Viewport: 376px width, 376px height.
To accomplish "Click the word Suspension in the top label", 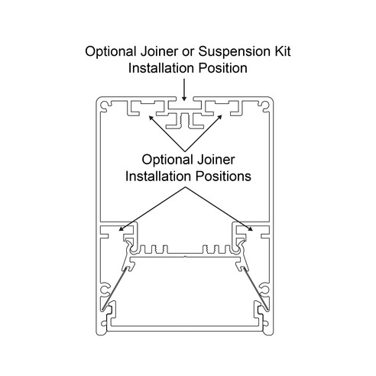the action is (233, 51).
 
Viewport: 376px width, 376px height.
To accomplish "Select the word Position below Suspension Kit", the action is (222, 68).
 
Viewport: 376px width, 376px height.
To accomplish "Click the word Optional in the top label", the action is (111, 51).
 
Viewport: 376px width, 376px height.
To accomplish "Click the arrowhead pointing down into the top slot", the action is (184, 98).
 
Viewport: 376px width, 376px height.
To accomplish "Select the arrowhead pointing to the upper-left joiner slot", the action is (151, 118).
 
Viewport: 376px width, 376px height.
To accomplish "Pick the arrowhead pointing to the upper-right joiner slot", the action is (219, 118).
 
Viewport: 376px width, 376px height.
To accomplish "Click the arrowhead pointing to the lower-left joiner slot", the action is (122, 229).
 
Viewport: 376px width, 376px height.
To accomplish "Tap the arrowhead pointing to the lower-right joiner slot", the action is (250, 229).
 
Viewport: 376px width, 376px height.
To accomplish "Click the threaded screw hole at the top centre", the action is (185, 120).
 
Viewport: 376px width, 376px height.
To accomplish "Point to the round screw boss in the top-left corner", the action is (105, 105).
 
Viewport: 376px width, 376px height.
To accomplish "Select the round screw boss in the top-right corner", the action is (265, 105).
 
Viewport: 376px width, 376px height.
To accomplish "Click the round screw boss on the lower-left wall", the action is (105, 290).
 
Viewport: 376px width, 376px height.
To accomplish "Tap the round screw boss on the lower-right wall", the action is (265, 290).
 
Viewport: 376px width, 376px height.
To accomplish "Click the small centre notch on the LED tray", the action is (185, 257).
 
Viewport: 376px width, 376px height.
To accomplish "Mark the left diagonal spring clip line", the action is (115, 289).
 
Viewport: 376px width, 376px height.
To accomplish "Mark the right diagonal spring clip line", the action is (255, 289).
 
